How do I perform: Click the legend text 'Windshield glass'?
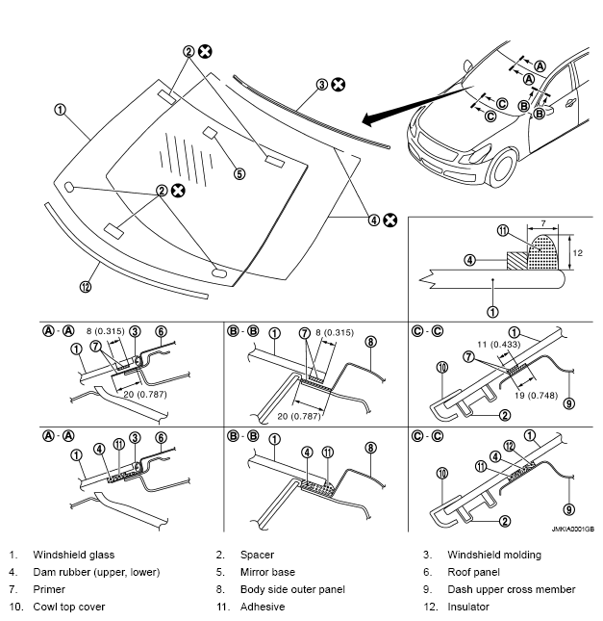[x=73, y=555]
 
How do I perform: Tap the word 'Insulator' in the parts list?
[x=468, y=607]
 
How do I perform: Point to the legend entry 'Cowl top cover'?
[x=69, y=607]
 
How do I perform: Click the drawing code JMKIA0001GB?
[x=573, y=529]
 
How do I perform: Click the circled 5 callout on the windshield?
[x=239, y=173]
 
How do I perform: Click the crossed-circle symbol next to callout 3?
[x=339, y=85]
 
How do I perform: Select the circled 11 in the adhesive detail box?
[x=502, y=230]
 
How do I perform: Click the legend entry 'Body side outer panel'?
[x=292, y=589]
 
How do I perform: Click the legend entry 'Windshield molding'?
[x=493, y=555]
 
